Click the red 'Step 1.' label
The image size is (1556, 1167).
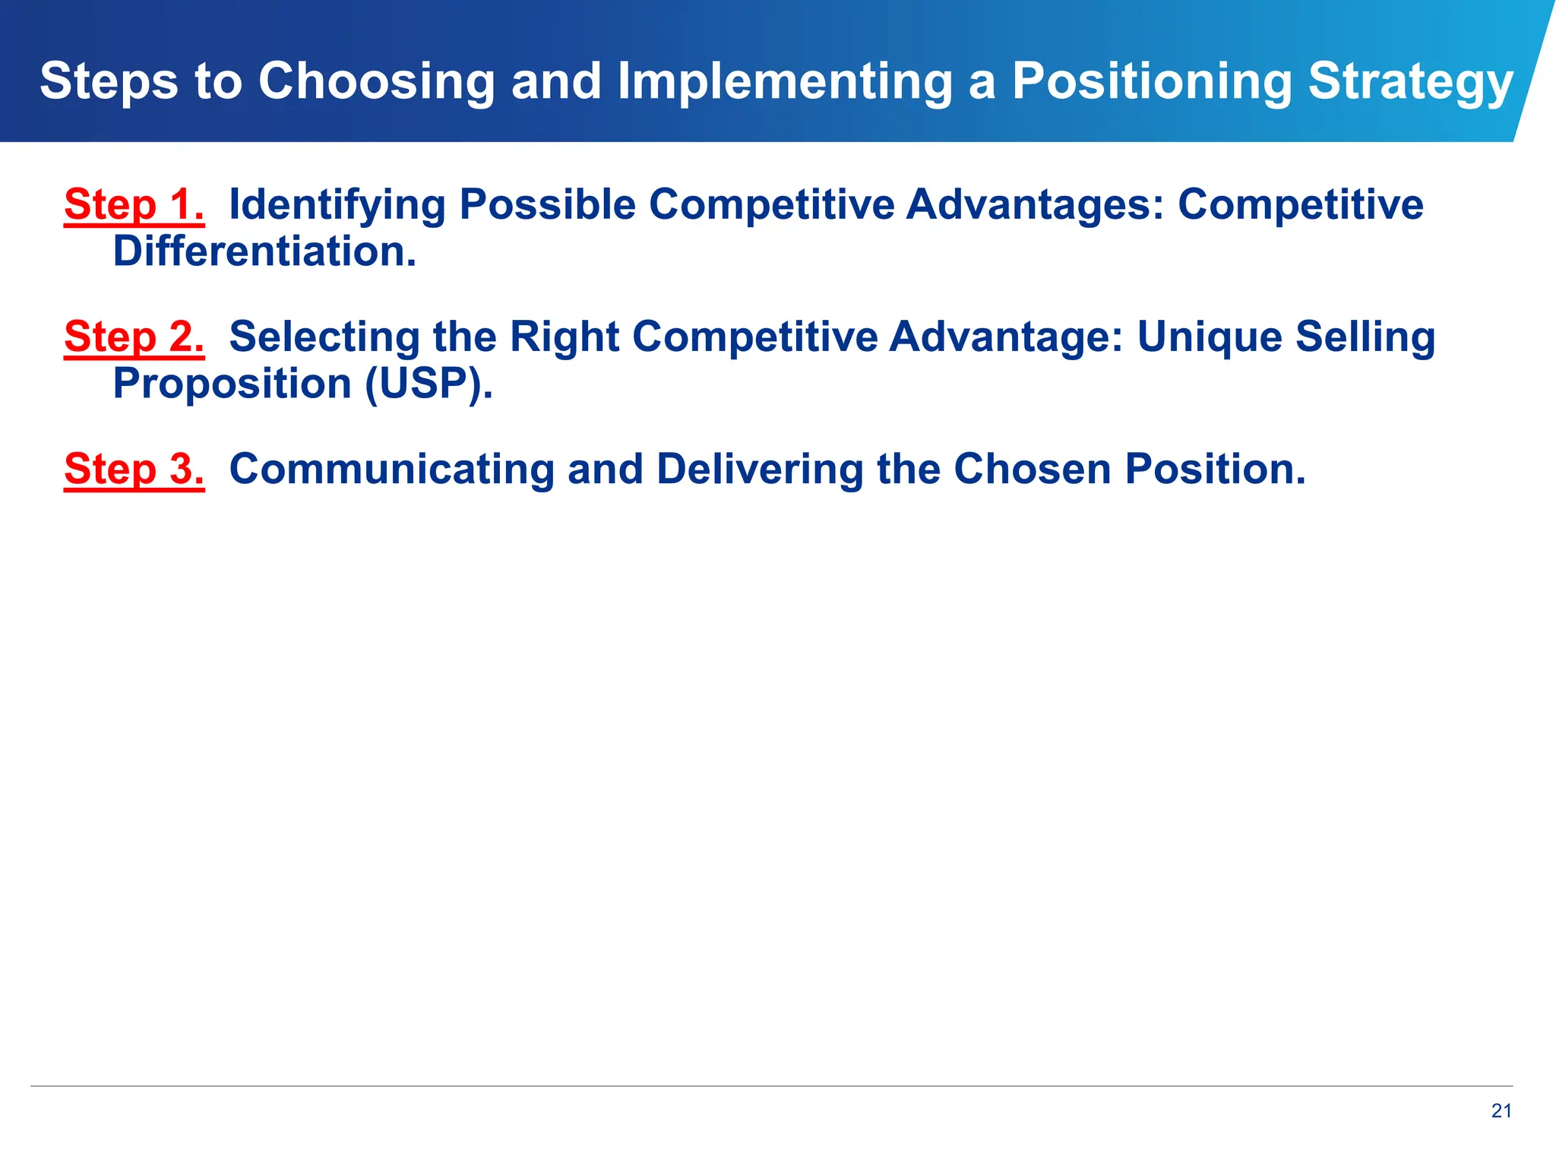(134, 205)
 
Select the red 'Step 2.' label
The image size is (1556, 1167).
(134, 337)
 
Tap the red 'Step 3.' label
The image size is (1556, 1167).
(134, 470)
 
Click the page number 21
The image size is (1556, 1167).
(1501, 1111)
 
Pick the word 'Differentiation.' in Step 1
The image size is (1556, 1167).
(264, 252)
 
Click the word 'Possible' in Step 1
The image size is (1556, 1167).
(547, 205)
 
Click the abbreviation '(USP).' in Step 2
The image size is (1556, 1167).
(429, 384)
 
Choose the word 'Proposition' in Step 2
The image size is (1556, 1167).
(232, 384)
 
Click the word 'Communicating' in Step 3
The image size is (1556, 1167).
(391, 470)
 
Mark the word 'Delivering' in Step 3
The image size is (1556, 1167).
(760, 470)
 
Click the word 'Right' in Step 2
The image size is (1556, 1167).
(565, 337)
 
